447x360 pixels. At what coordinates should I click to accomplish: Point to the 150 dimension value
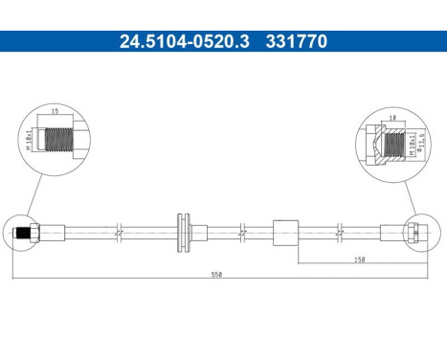click(358, 259)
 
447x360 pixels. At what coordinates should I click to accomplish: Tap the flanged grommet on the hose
click(185, 232)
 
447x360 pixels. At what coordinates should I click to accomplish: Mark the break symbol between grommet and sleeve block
click(242, 232)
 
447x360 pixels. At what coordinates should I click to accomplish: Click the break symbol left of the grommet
click(118, 232)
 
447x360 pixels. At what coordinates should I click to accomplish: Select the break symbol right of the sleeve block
click(341, 232)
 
